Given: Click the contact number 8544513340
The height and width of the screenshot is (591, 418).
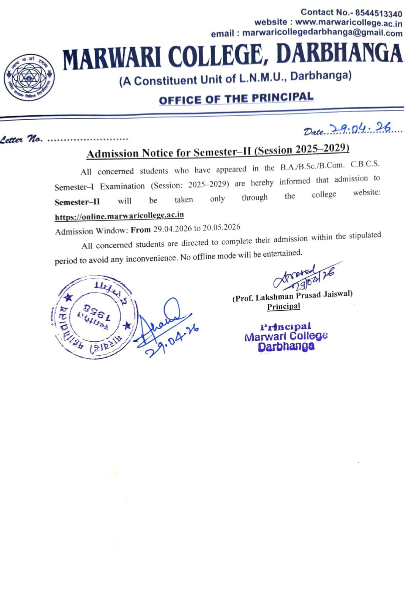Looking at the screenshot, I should point(378,14).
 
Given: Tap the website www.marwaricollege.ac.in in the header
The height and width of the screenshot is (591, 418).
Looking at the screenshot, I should point(349,23).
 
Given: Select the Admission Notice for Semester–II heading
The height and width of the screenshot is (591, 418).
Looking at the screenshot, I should point(218,151).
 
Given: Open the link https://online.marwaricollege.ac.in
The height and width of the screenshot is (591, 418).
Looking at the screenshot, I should point(119,216).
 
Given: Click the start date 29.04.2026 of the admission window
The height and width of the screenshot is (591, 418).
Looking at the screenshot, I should point(172,229).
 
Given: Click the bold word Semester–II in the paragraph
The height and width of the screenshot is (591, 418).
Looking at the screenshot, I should point(77,202).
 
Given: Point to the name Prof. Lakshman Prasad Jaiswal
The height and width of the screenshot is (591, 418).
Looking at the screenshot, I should point(292,296).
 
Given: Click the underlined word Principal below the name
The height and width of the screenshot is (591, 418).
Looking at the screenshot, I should point(284,307).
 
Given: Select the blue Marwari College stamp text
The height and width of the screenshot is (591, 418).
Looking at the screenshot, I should point(286,336).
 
